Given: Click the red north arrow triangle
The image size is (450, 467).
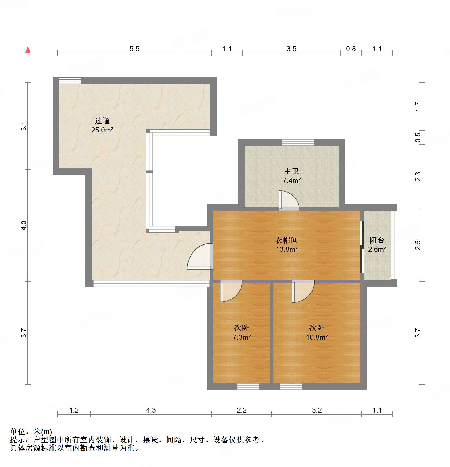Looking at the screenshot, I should point(28,50).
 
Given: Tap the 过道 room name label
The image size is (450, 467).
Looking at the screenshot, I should point(102,121).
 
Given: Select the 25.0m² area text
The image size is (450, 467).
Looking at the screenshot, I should point(102,130).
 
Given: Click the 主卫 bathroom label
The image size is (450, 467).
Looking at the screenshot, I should point(291,171).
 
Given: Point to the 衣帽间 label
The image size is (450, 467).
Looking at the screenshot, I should point(287,240).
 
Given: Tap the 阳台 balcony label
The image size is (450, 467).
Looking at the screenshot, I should point(377,240).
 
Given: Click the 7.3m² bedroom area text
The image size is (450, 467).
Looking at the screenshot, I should point(242,337).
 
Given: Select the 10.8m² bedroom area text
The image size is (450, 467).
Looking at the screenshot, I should point(317,337).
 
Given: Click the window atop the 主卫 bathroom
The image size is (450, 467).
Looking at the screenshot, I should point(298,142).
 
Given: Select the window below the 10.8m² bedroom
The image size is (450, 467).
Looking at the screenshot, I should point(291,387).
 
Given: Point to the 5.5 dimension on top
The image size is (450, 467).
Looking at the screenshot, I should point(134,49).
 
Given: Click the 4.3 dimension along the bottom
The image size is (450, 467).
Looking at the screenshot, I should point(151,410).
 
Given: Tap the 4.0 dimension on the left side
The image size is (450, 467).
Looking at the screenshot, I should point(24,225).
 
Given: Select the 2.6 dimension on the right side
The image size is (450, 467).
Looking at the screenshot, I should point(417,245).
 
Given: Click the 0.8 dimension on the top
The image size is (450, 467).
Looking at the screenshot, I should point(351,49).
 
